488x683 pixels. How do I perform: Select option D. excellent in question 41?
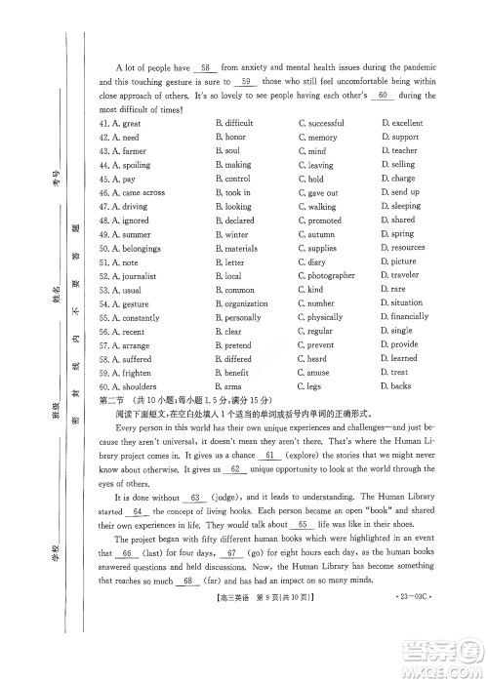pos(401,124)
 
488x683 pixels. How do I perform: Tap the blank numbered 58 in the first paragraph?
pos(204,68)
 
